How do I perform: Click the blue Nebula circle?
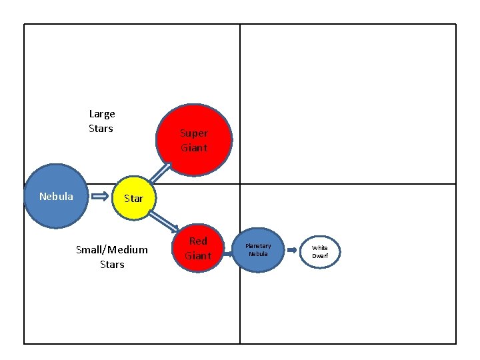tap(56, 196)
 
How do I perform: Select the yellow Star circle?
tap(133, 198)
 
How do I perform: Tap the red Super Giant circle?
tap(194, 140)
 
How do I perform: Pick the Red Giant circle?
tap(197, 249)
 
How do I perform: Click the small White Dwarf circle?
tap(320, 252)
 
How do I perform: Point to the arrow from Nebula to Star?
tap(101, 197)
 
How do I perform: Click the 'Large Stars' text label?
tap(101, 121)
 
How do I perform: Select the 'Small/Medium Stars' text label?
tap(112, 257)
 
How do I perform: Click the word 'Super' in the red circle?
tap(194, 133)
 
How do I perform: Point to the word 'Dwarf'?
tap(320, 256)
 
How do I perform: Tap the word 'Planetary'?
tap(258, 246)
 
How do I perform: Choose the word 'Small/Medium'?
tap(112, 249)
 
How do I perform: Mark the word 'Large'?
tap(102, 113)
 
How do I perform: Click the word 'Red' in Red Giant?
tap(198, 241)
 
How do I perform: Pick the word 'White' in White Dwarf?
tap(320, 248)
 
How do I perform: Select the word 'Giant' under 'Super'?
tap(194, 147)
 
